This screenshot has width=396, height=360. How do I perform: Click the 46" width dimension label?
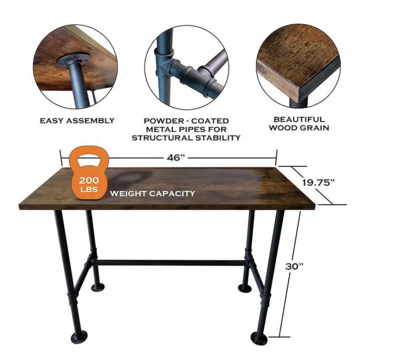coord(176,158)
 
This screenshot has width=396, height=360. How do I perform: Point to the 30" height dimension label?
coord(295,266)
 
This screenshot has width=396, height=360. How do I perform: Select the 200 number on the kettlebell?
coord(89,180)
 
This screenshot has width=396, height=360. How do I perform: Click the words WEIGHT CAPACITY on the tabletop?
coord(152,194)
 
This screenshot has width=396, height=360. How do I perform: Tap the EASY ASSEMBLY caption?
coord(77,121)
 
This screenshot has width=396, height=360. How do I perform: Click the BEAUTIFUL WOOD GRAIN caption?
coord(299,123)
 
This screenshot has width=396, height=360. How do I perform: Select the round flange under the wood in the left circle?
coord(74,61)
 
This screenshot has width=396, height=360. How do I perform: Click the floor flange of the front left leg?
coord(79,338)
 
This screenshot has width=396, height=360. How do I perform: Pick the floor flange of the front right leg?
coord(259,338)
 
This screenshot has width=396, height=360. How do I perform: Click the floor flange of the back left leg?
coord(98,287)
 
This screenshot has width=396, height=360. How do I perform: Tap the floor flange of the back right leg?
coord(245,288)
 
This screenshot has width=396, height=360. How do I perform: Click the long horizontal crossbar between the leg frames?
coord(171,263)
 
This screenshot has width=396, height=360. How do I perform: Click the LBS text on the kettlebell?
coord(89,189)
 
